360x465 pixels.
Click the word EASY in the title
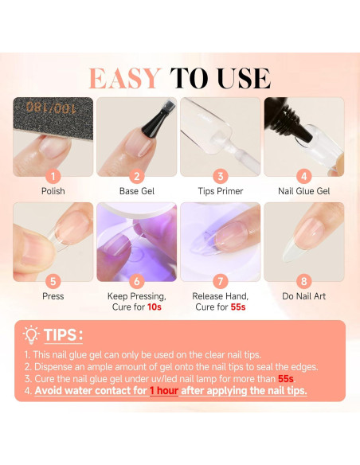pos(126,78)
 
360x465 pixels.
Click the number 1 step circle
pos(53,175)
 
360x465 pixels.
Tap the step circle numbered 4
pos(303,175)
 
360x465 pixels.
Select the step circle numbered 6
pos(136,280)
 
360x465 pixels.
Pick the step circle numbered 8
pos(303,280)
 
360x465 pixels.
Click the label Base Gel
pos(136,192)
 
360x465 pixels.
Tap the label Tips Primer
pos(220,192)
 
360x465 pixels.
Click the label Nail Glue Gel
pos(303,192)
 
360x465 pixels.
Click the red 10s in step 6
pos(156,307)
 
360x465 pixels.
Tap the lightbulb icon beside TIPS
pos(32,334)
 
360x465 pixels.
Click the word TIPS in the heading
pos(61,335)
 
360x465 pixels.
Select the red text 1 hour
pos(164,391)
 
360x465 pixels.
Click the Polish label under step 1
pos(53,192)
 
